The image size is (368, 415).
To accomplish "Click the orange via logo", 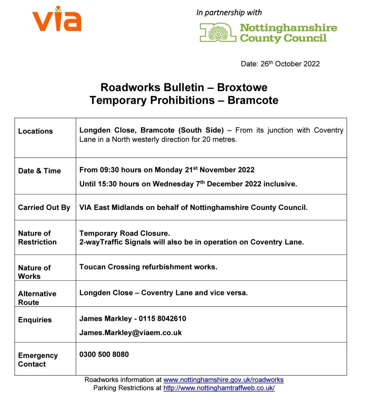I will pyautogui.click(x=57, y=19).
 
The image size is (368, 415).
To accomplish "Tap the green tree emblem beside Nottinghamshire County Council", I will pyautogui.click(x=218, y=32).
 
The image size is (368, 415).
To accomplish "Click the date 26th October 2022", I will pyautogui.click(x=280, y=64).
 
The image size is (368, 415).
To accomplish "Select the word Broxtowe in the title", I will pyautogui.click(x=242, y=88).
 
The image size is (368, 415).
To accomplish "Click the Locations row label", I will pyautogui.click(x=36, y=131).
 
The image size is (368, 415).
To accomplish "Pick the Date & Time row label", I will pyautogui.click(x=39, y=171).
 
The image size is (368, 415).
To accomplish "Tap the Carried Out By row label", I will pyautogui.click(x=44, y=207).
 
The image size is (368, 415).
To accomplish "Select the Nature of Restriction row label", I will pyautogui.click(x=37, y=238).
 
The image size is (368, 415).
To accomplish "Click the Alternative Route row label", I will pyautogui.click(x=37, y=298).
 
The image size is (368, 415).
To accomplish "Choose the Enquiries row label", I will pyautogui.click(x=35, y=320).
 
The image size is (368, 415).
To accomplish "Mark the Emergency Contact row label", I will pyautogui.click(x=38, y=360).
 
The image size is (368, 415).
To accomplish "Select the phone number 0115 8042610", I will pyautogui.click(x=163, y=319).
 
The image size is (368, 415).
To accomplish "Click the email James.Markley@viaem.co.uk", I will pyautogui.click(x=131, y=333).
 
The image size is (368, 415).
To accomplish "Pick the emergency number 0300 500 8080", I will pyautogui.click(x=104, y=355).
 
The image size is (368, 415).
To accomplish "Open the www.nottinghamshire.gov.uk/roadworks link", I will pyautogui.click(x=223, y=380).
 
